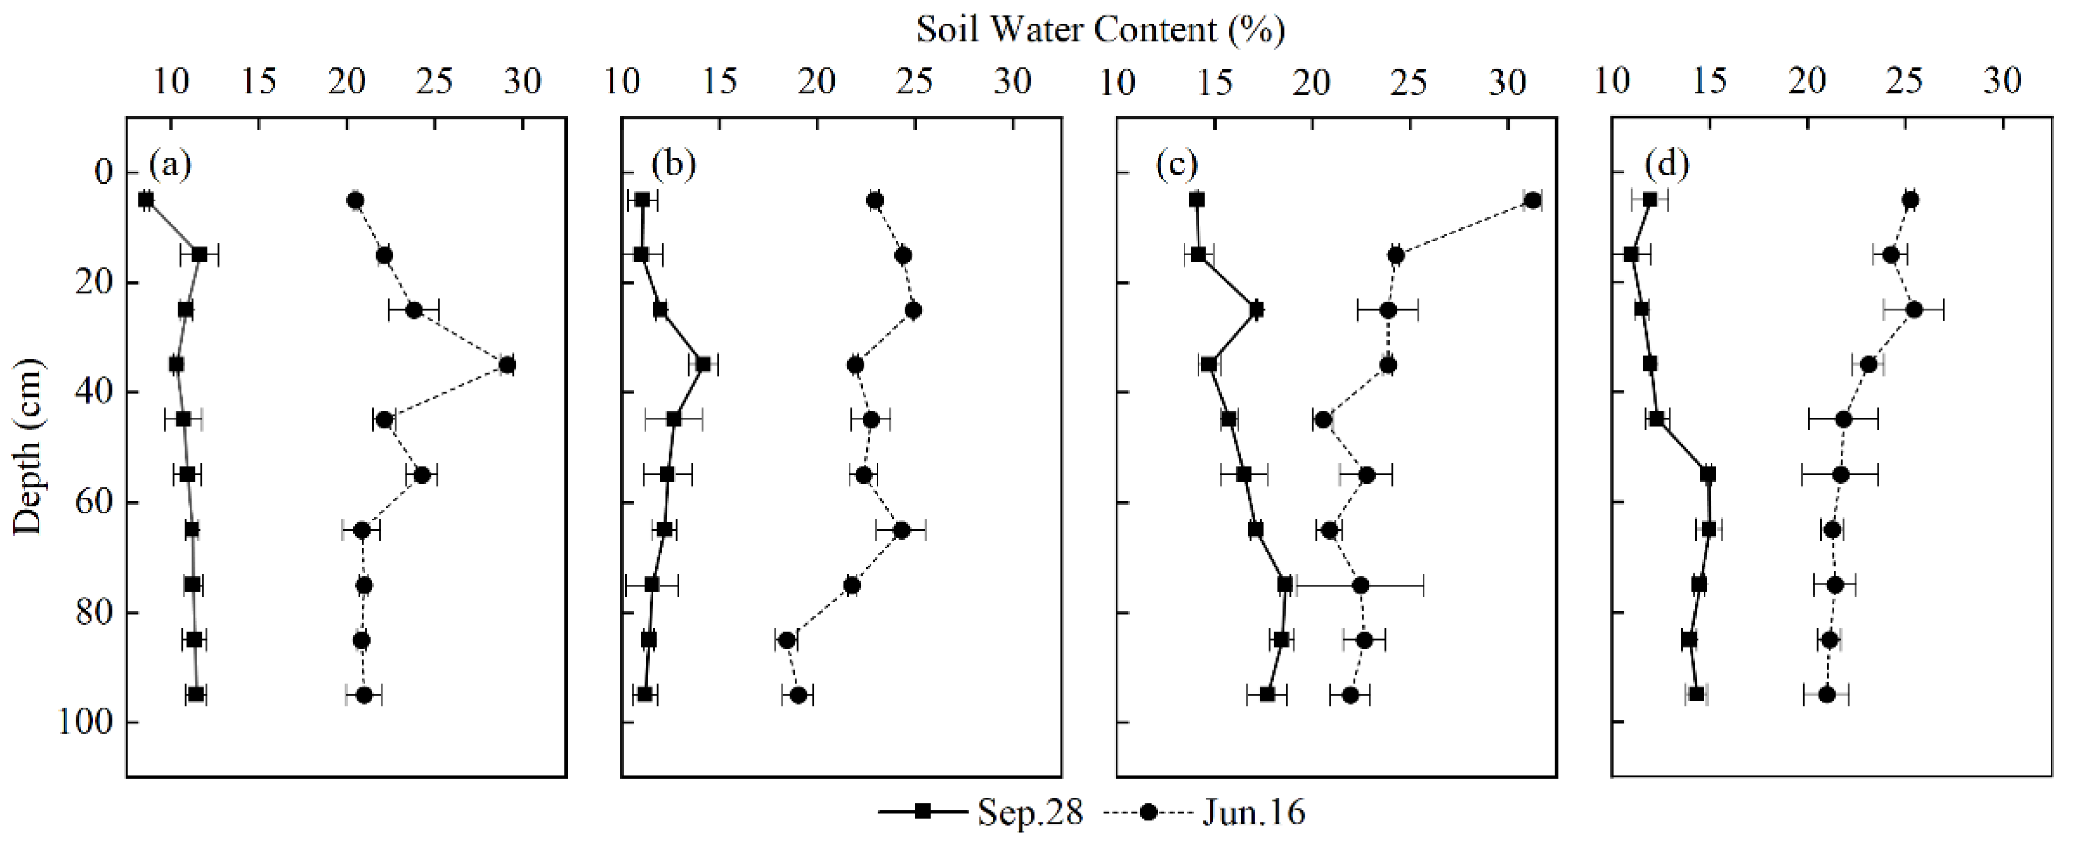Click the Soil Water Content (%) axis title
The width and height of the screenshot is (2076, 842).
[1100, 31]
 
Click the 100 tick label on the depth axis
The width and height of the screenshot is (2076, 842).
[85, 722]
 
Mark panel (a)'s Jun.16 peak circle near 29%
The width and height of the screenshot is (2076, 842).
[507, 365]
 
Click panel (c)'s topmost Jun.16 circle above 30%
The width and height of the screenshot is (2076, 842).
[1532, 200]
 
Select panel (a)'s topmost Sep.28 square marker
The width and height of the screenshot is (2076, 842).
[146, 200]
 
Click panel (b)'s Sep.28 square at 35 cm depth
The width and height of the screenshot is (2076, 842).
[703, 365]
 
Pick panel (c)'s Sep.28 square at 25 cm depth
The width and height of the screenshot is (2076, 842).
[1255, 309]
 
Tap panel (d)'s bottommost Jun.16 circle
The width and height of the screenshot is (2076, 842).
[1826, 695]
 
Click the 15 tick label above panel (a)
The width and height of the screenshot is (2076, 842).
[259, 82]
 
